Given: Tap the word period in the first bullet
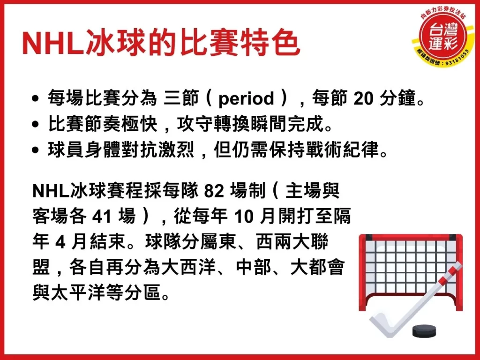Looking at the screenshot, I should (x=246, y=99).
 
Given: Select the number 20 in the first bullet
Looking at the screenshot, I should (x=363, y=99).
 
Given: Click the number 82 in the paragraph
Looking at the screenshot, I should (x=215, y=192).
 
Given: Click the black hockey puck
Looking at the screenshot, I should (x=425, y=331).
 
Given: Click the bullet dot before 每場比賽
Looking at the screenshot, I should (x=36, y=100).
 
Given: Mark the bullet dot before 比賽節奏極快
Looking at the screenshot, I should (x=36, y=126).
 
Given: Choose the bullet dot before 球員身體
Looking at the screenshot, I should (x=36, y=151).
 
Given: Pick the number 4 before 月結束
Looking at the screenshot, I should (x=59, y=243).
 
